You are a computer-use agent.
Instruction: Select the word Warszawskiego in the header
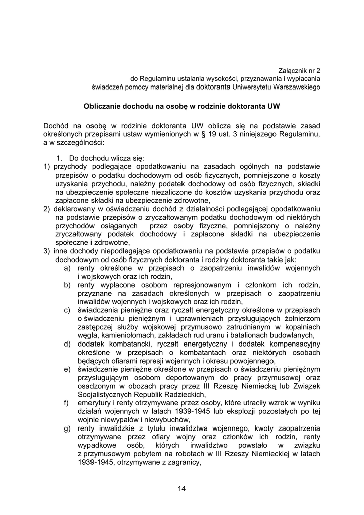tap(297, 87)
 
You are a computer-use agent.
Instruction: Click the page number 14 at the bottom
tap(182, 488)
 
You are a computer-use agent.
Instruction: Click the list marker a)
tap(67, 268)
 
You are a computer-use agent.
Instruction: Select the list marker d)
tap(67, 344)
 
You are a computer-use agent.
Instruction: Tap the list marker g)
tap(67, 428)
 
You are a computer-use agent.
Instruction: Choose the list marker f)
tap(66, 403)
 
